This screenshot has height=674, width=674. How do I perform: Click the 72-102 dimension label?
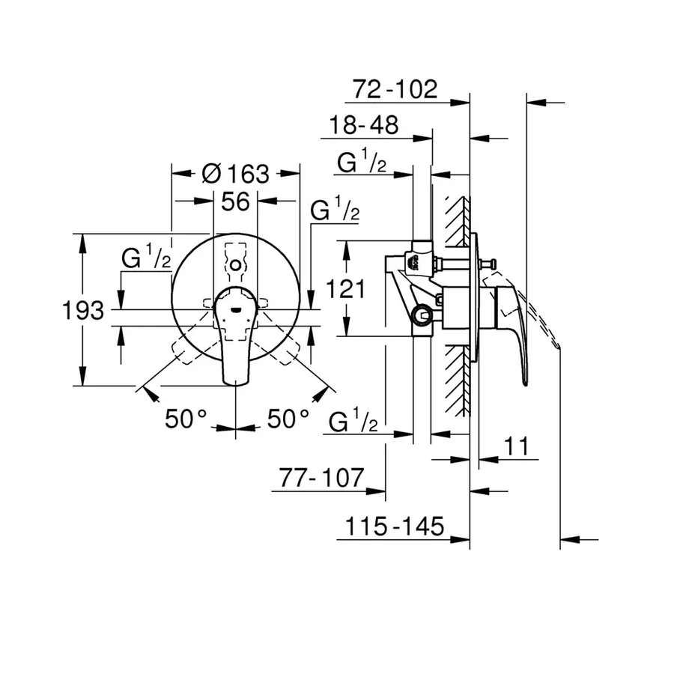[x=394, y=89]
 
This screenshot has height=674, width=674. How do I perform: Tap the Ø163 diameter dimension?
[x=235, y=174]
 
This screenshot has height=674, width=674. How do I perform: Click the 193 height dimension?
[x=83, y=309]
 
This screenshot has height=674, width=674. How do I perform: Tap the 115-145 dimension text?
[x=394, y=526]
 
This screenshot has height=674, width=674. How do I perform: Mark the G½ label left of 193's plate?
[x=147, y=260]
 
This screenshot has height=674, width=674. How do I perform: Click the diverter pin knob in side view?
[x=493, y=263]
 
